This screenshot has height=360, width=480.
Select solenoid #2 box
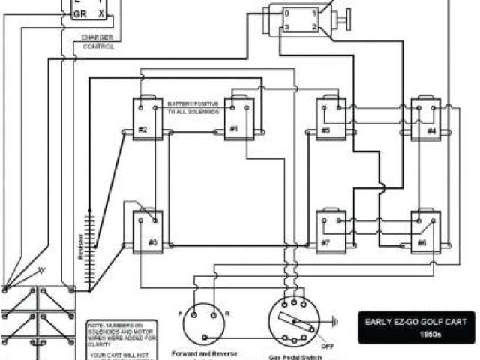(x=148, y=119)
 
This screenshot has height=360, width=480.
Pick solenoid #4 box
(x=425, y=119)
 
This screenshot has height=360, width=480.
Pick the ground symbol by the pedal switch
(x=335, y=321)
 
